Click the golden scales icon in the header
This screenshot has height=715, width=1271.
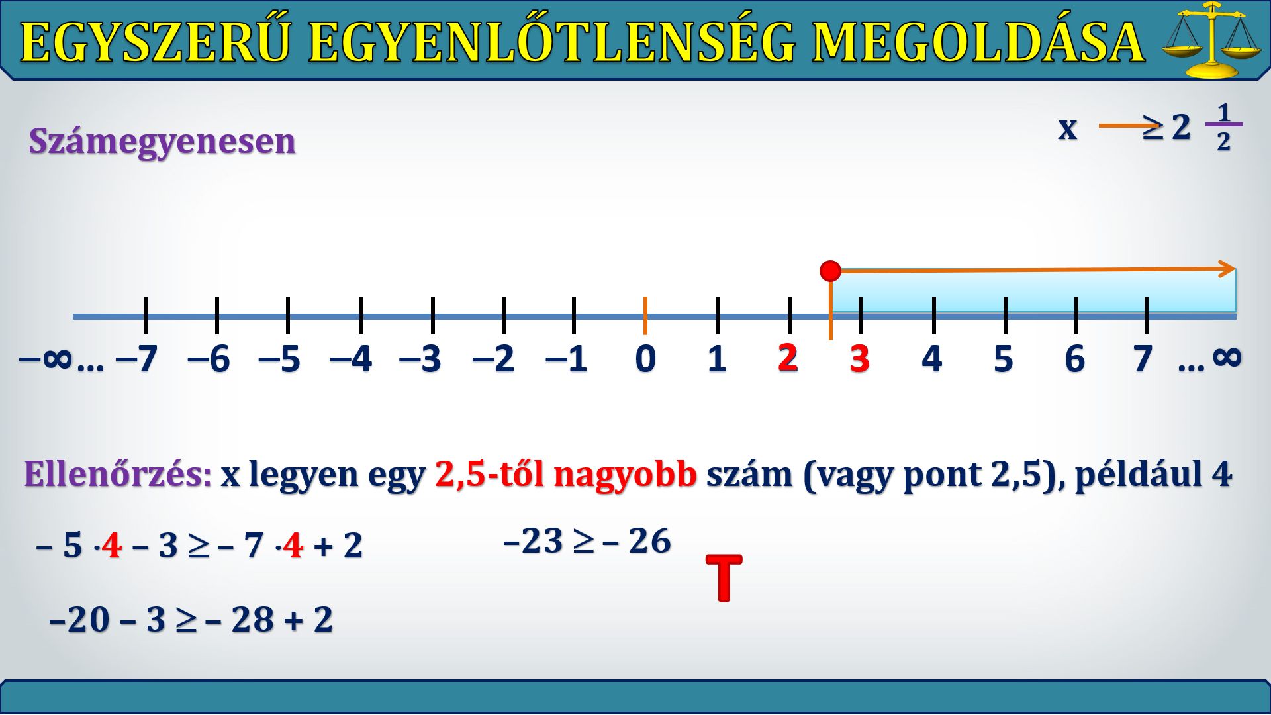click(x=1211, y=40)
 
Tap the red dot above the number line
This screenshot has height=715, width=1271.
click(x=830, y=271)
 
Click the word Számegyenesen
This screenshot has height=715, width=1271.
click(x=162, y=142)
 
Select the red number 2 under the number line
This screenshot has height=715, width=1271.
click(x=788, y=358)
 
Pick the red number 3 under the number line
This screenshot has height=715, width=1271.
click(x=859, y=359)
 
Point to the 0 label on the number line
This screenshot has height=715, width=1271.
click(x=645, y=359)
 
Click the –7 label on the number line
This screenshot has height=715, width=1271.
click(x=136, y=359)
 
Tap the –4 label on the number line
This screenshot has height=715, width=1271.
click(x=351, y=359)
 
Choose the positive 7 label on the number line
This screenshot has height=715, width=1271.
click(x=1143, y=359)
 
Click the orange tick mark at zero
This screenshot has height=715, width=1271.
click(x=645, y=316)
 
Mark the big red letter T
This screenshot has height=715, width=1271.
click(x=724, y=578)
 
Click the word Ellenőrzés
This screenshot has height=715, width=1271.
click(x=118, y=474)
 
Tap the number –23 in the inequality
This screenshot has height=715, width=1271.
click(x=533, y=541)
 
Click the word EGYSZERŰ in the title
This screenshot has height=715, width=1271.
click(x=156, y=42)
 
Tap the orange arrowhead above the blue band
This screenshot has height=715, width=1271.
click(x=1227, y=269)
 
